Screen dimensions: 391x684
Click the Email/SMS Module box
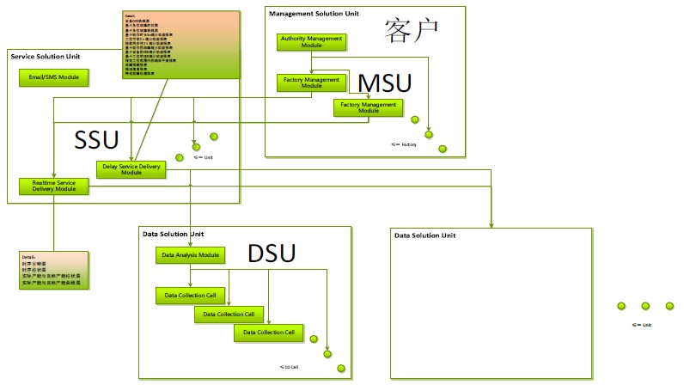pos(53,76)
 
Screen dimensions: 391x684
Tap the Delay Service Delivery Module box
pos(131,169)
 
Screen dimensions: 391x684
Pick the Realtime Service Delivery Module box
pos(53,186)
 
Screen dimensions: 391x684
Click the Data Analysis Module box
pos(190,255)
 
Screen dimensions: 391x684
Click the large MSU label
pos(384,84)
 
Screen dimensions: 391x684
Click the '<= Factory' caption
pos(403,144)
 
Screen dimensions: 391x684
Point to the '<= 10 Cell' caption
pos(289,367)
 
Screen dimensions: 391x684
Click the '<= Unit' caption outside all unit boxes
pos(642,325)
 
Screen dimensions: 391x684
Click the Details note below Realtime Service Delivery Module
pos(53,271)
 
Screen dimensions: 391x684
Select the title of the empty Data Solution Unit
pos(424,235)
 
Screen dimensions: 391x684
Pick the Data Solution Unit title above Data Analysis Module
pos(173,234)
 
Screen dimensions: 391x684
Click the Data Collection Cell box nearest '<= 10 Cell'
pos(268,333)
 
